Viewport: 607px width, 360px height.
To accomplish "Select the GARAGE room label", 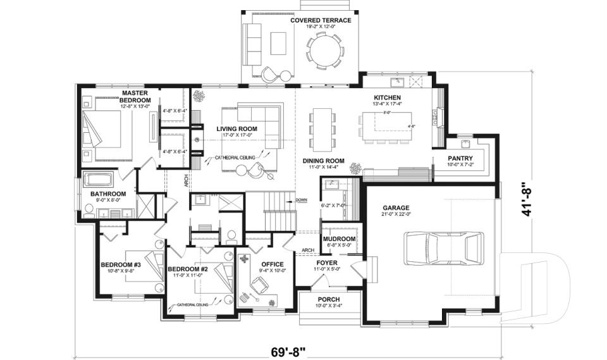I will pyautogui.click(x=396, y=207).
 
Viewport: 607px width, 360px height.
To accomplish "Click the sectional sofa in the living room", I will pyautogui.click(x=261, y=120).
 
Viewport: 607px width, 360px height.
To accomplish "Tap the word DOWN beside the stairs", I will pyautogui.click(x=301, y=200).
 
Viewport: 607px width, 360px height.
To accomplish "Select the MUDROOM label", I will pyautogui.click(x=338, y=240).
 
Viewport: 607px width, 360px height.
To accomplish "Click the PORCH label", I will pyautogui.click(x=328, y=299).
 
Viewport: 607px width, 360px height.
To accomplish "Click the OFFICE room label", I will pyautogui.click(x=272, y=264).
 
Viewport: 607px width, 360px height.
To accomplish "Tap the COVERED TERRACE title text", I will pyautogui.click(x=321, y=20).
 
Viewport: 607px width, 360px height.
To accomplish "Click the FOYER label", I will pyautogui.click(x=327, y=262).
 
